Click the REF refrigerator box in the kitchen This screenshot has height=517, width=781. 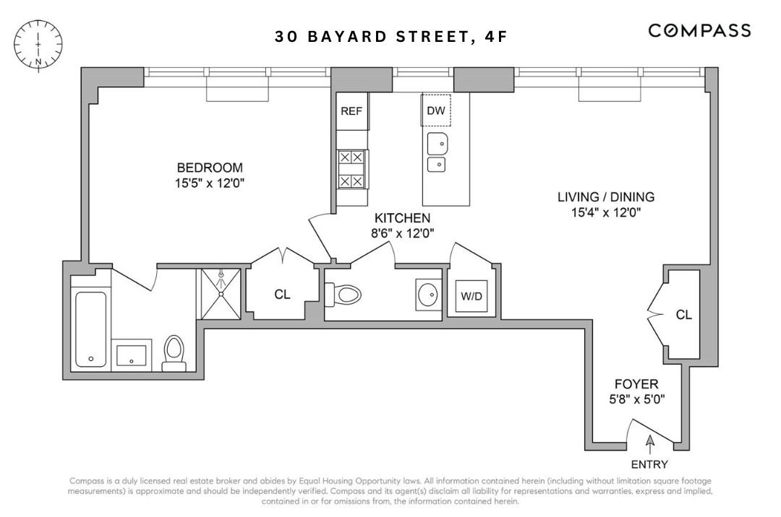(x=351, y=112)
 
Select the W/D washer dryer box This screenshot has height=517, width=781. (x=471, y=296)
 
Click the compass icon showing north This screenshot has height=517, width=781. (x=38, y=44)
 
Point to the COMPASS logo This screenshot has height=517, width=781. (x=699, y=30)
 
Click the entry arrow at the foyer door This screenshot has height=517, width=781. (x=649, y=440)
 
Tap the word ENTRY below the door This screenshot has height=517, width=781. (x=649, y=464)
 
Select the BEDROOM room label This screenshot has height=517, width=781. (x=205, y=168)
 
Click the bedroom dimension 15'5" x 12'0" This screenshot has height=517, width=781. (x=205, y=183)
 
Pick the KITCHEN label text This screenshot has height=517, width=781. (x=402, y=218)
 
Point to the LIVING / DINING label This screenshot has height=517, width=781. (x=605, y=196)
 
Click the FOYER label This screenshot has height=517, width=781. (x=636, y=384)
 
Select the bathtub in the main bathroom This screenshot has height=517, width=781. (x=91, y=329)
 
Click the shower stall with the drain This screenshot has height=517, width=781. (x=223, y=293)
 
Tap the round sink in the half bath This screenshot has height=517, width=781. (x=427, y=295)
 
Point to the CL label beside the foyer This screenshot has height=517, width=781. (x=683, y=315)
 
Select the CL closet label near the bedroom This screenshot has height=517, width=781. (x=282, y=294)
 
